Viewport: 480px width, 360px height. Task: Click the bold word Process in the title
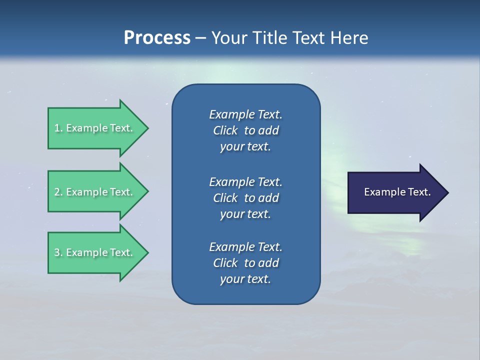pyautogui.click(x=157, y=38)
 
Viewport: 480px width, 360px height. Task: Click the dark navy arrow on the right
pyautogui.click(x=395, y=192)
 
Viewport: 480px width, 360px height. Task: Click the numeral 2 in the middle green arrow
pyautogui.click(x=57, y=192)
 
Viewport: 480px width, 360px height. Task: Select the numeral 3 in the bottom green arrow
pyautogui.click(x=57, y=252)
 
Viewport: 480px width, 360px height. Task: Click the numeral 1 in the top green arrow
pyautogui.click(x=57, y=128)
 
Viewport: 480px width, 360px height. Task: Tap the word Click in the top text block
pyautogui.click(x=225, y=130)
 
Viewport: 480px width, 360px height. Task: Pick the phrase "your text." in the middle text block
pyautogui.click(x=245, y=214)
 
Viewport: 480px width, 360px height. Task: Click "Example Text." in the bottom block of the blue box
pyautogui.click(x=245, y=247)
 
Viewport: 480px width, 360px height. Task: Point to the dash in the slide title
pyautogui.click(x=200, y=38)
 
